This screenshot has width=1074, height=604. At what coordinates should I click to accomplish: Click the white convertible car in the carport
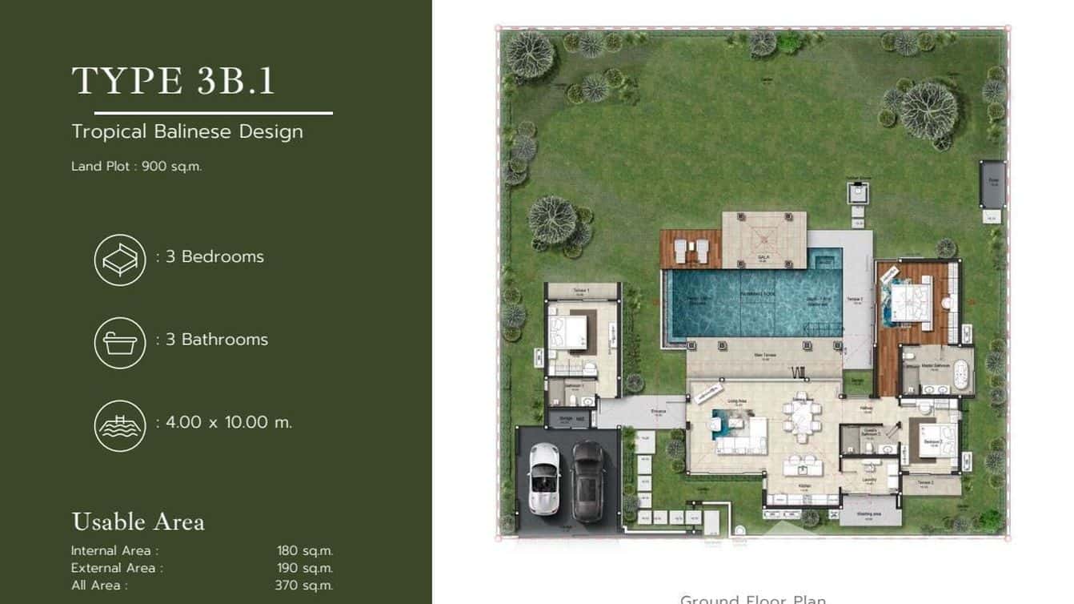pos(543,479)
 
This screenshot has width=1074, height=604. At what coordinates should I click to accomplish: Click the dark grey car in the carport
pos(589,481)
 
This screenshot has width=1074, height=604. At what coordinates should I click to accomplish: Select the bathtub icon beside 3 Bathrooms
pos(120,343)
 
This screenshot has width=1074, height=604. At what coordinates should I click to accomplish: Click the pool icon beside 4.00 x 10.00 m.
pos(120,425)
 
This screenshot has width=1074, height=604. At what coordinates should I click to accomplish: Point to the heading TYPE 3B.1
pos(173,81)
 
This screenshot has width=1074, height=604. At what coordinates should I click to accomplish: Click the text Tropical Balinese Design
pos(187,131)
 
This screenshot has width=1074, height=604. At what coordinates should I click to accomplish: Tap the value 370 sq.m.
pos(303,586)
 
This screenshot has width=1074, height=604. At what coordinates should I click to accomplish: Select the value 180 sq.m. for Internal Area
pos(304,550)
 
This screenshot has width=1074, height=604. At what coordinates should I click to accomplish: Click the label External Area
pos(117,568)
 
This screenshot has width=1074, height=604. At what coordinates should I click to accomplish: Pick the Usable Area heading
pos(138,521)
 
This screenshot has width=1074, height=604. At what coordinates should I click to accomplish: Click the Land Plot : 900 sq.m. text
pos(137,167)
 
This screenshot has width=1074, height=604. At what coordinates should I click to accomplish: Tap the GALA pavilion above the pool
pos(763,240)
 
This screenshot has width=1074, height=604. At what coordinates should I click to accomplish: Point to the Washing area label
pos(869,513)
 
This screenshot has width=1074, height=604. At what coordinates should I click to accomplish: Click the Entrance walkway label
pos(659,411)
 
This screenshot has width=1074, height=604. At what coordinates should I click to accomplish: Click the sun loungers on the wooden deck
pos(691,251)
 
